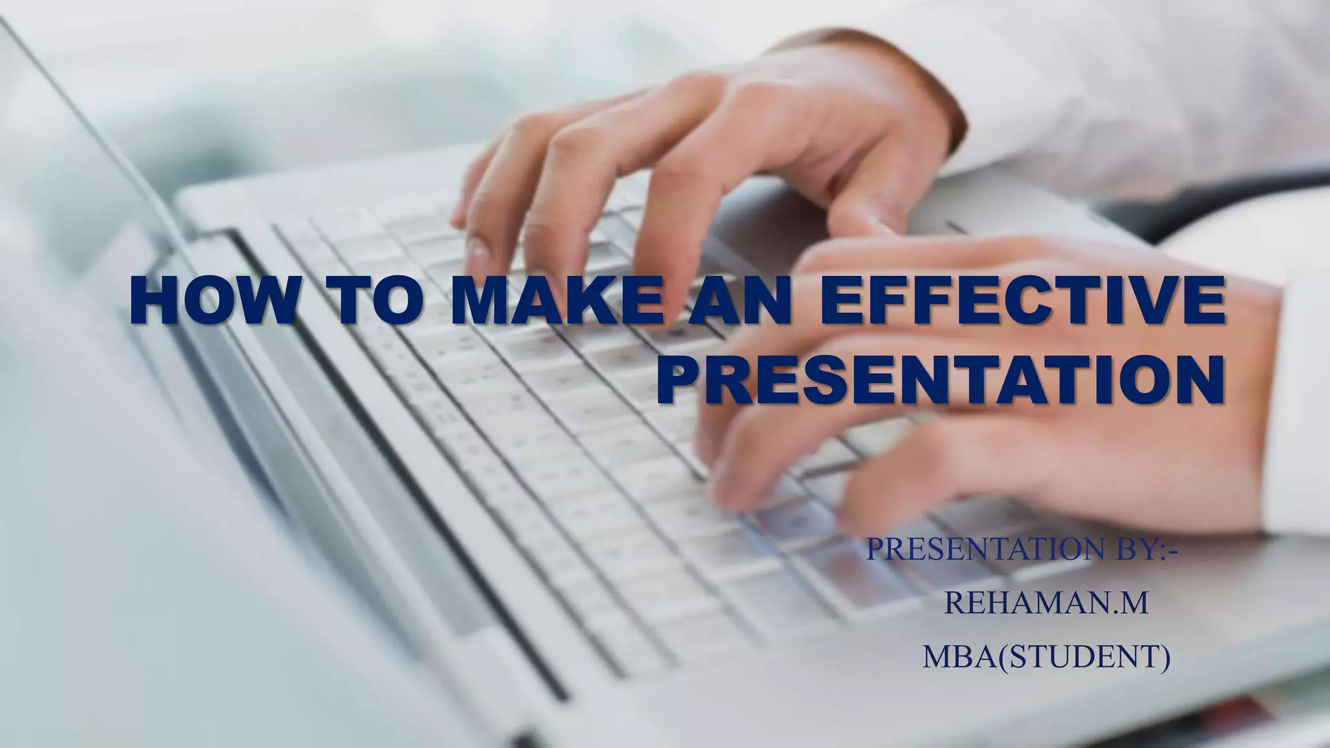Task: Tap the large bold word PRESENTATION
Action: coord(940,380)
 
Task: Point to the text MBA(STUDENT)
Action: coord(1046,656)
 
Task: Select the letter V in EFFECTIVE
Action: coord(1148,300)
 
